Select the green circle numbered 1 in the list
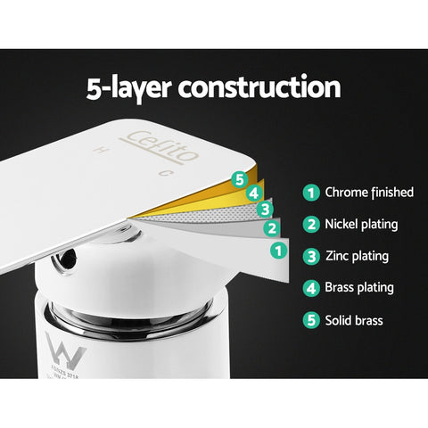(x=310, y=192)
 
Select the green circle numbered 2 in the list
(x=310, y=224)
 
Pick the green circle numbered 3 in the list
(x=310, y=256)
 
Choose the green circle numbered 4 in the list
(x=310, y=288)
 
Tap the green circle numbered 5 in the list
(x=310, y=320)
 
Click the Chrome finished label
(x=369, y=192)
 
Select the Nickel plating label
(x=361, y=224)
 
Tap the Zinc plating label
(x=357, y=256)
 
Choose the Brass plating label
(x=359, y=288)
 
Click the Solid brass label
(x=354, y=320)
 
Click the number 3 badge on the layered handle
(x=264, y=210)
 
